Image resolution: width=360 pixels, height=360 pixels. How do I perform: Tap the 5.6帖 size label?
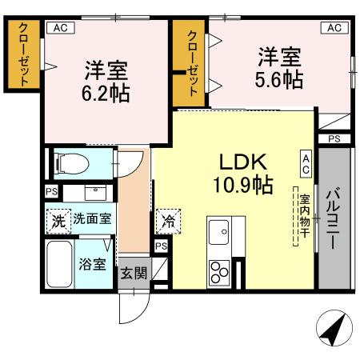[x=279, y=80]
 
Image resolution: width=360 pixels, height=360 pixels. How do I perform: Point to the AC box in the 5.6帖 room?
[x=334, y=27]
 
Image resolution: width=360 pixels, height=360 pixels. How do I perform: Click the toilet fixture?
[x=70, y=164]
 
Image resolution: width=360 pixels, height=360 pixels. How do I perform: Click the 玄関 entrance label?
[x=134, y=272]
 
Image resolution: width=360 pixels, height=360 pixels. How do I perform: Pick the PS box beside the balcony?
[x=334, y=138]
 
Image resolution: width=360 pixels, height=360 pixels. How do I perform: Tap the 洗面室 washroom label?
[x=94, y=218]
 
